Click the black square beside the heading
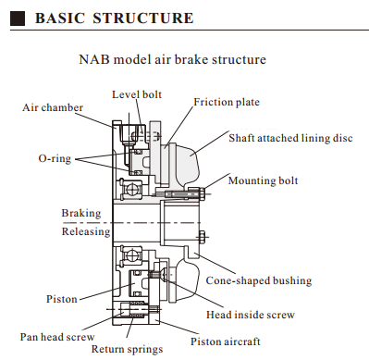[x=18, y=19]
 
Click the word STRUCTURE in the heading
[x=143, y=19]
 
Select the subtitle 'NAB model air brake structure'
[x=173, y=59]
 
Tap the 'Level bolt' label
[x=137, y=94]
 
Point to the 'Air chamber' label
[x=53, y=107]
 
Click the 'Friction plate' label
[x=227, y=102]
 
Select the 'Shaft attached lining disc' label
[x=290, y=138]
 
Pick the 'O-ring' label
[x=55, y=158]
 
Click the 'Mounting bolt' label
[x=263, y=180]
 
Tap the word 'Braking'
[x=81, y=213]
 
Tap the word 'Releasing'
[x=86, y=231]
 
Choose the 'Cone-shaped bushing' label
[x=259, y=280]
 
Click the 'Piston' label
[x=62, y=299]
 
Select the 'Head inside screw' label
[x=251, y=315]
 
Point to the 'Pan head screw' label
[x=57, y=337]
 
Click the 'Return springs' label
[x=127, y=349]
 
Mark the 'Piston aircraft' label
[x=226, y=341]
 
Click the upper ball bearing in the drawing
[x=130, y=189]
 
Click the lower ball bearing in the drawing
[x=130, y=255]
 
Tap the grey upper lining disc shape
[x=184, y=165]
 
